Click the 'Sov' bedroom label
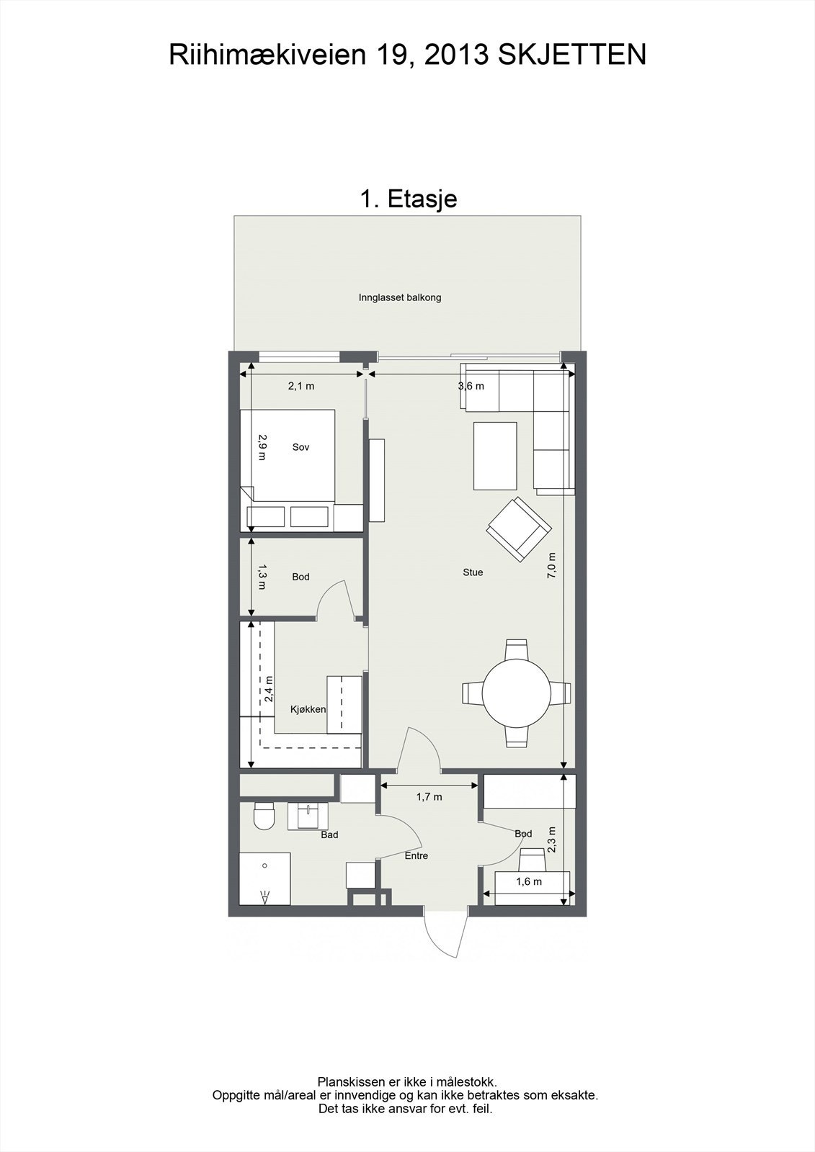[300, 447]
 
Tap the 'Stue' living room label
[473, 572]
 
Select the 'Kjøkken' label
[308, 710]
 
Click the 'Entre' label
[417, 856]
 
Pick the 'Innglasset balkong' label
[400, 298]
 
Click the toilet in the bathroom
[264, 816]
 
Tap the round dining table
[517, 693]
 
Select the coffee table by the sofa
[495, 456]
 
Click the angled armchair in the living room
[519, 530]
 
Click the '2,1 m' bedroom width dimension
[301, 386]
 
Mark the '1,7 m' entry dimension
[429, 797]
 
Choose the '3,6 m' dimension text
[471, 386]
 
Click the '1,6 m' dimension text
[529, 882]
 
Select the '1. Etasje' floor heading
[409, 199]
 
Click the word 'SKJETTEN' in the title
[571, 55]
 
